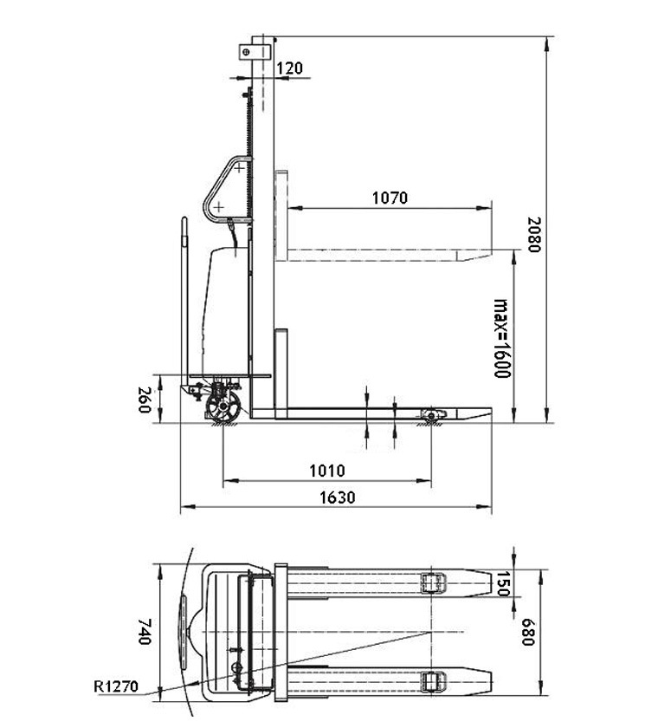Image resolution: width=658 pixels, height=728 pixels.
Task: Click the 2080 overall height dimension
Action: click(x=534, y=235)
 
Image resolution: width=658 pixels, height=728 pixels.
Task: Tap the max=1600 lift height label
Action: click(x=501, y=338)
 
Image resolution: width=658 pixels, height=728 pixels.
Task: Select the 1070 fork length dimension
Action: click(x=390, y=198)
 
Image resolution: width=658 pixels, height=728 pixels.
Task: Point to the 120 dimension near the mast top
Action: click(x=290, y=68)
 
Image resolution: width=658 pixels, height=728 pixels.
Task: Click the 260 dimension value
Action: click(x=145, y=400)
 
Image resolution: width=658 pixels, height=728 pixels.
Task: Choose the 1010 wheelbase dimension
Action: click(x=327, y=471)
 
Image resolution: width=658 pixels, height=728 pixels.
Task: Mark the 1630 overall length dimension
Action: click(x=338, y=497)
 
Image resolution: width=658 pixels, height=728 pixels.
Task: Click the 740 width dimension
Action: click(x=145, y=631)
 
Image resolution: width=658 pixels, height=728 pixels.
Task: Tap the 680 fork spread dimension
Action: click(x=528, y=632)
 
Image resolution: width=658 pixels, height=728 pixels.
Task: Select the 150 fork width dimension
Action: click(x=503, y=583)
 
